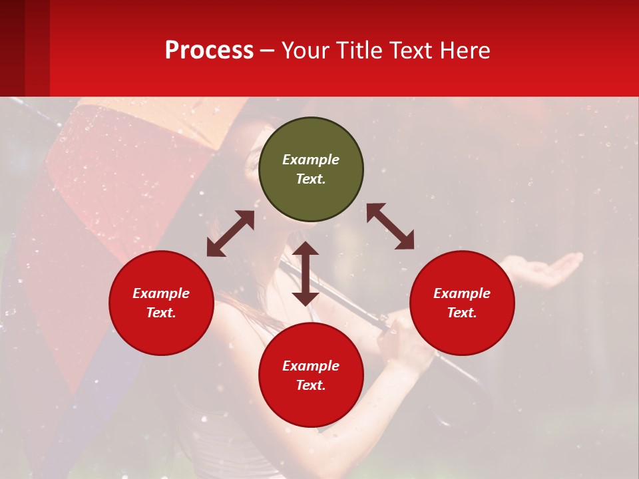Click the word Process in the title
point(209,51)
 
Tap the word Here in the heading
point(465,51)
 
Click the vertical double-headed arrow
point(306,273)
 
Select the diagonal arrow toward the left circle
point(230,234)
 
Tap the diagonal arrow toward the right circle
point(390,226)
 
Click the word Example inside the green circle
point(311,160)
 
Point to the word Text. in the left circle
point(161,313)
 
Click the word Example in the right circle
point(462,293)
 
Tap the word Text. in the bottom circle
point(311,385)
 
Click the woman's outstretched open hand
point(549,269)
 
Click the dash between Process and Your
point(268,51)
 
